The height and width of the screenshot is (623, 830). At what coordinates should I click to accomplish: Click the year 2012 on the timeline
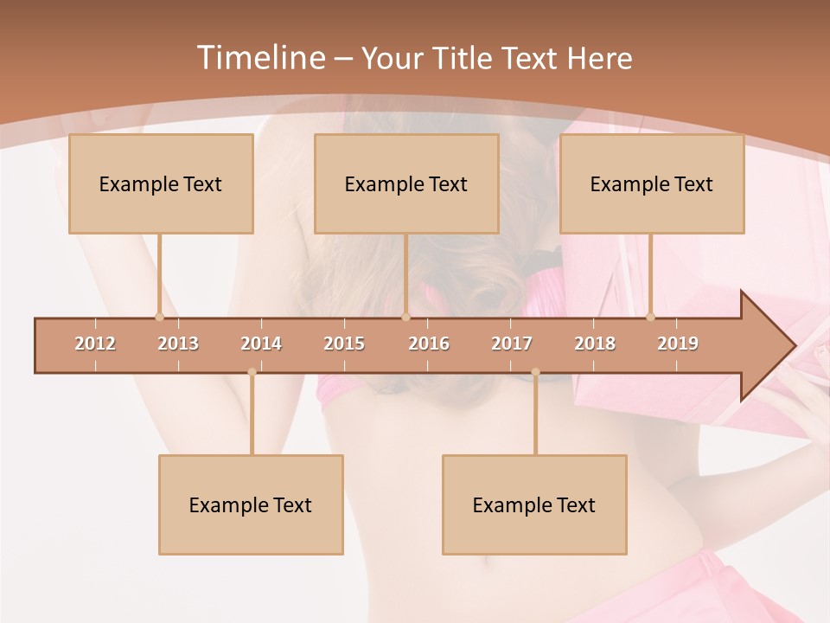tap(95, 344)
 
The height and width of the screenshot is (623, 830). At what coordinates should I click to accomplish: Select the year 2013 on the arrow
tap(178, 344)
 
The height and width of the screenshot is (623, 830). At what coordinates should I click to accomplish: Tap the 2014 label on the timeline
tap(261, 344)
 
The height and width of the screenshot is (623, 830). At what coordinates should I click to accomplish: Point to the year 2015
tap(344, 344)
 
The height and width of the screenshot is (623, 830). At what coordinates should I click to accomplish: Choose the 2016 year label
tap(429, 344)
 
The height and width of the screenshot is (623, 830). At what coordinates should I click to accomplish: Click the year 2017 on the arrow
tap(512, 344)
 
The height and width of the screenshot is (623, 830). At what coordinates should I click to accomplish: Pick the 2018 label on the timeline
tap(595, 344)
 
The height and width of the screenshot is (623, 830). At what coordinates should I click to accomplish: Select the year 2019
tap(678, 344)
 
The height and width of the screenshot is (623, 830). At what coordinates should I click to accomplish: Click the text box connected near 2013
tap(161, 183)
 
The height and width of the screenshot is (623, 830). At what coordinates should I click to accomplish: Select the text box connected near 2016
tap(406, 183)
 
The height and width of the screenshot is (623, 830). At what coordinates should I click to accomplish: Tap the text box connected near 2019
tap(652, 183)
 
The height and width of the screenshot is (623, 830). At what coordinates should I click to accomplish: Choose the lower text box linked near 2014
tap(251, 504)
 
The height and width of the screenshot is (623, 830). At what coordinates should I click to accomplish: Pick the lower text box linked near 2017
tap(534, 504)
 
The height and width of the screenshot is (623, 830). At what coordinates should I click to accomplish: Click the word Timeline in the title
tap(259, 58)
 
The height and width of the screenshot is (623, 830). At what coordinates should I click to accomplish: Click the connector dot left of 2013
tap(159, 317)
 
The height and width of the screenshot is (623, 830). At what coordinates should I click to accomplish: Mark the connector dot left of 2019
tap(651, 317)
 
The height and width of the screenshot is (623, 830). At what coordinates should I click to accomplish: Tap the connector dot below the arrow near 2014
tap(252, 372)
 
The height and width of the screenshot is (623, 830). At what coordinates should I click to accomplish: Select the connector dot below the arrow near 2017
tap(535, 372)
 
